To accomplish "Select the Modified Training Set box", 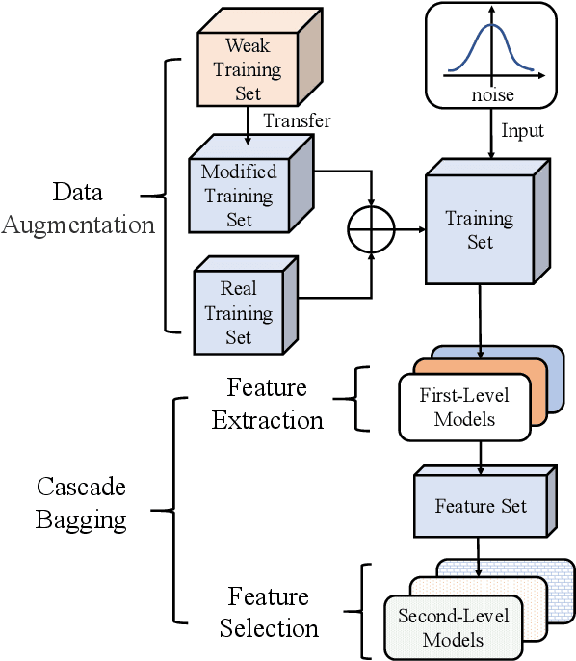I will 238,196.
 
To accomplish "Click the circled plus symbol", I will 371,229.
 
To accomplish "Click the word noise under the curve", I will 491,94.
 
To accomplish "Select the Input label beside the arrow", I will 523,130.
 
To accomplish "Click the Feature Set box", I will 480,506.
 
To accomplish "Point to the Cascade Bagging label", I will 81,503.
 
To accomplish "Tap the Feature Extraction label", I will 267,405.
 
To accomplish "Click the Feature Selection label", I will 268,612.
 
